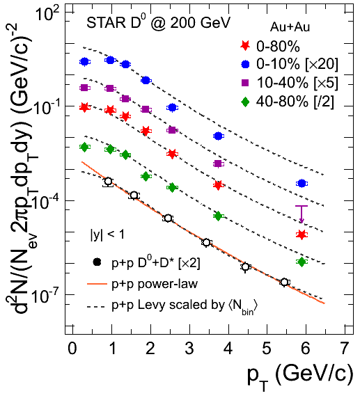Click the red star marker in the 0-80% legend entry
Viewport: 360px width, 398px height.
click(x=245, y=46)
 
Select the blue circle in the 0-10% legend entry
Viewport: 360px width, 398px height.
click(x=245, y=64)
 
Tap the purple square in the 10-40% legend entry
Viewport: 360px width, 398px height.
click(x=245, y=83)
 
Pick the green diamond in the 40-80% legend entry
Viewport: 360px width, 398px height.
click(x=245, y=102)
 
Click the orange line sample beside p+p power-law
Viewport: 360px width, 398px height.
click(x=97, y=285)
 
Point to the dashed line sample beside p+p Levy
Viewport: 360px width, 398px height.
click(x=96, y=307)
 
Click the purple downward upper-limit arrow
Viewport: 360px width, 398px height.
click(x=302, y=214)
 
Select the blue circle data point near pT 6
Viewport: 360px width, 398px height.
click(x=302, y=183)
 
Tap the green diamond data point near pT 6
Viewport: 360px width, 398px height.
click(x=302, y=262)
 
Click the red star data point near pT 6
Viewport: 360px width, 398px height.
click(x=302, y=234)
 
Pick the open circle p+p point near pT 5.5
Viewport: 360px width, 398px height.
click(x=284, y=282)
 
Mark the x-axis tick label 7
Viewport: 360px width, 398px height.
click(x=344, y=348)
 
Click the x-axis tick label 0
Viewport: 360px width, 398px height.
click(x=72, y=348)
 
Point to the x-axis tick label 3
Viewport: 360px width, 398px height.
click(x=189, y=348)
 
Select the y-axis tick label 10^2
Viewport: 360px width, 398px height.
click(x=48, y=14)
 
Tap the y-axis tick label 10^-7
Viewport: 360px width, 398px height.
click(x=46, y=296)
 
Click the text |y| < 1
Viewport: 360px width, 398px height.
click(x=107, y=234)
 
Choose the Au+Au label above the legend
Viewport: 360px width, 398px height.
click(x=290, y=27)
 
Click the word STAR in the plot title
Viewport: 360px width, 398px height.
click(x=107, y=22)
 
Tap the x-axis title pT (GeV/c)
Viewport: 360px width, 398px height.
click(x=300, y=376)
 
